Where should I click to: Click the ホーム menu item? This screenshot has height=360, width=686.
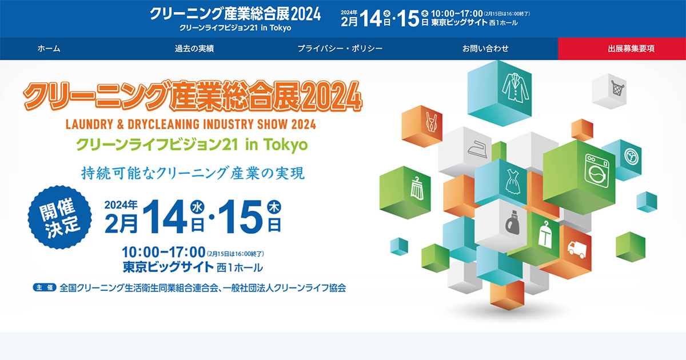[49, 49]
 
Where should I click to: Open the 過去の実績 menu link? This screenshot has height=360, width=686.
[194, 49]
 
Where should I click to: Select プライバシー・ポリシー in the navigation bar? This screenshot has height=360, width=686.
[340, 49]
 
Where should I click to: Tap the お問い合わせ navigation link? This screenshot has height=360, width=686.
[485, 49]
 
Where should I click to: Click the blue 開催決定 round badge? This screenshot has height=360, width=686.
[59, 217]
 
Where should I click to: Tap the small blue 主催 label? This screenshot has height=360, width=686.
[45, 288]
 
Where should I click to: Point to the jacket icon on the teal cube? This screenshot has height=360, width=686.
[516, 88]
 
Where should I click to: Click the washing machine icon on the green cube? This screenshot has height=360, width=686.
[597, 171]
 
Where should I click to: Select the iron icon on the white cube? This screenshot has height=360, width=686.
[477, 149]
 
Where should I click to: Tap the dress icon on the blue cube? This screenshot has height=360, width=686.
[513, 182]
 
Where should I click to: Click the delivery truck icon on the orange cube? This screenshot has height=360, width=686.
[577, 249]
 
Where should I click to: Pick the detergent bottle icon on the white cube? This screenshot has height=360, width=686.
[512, 222]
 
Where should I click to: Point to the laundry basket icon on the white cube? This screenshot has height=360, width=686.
[617, 88]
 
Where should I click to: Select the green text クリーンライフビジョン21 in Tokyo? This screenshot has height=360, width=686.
[192, 145]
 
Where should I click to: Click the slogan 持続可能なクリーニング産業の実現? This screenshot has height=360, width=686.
[193, 173]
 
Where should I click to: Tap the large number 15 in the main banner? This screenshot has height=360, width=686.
[241, 217]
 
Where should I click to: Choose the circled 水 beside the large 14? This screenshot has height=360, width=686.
[197, 207]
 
